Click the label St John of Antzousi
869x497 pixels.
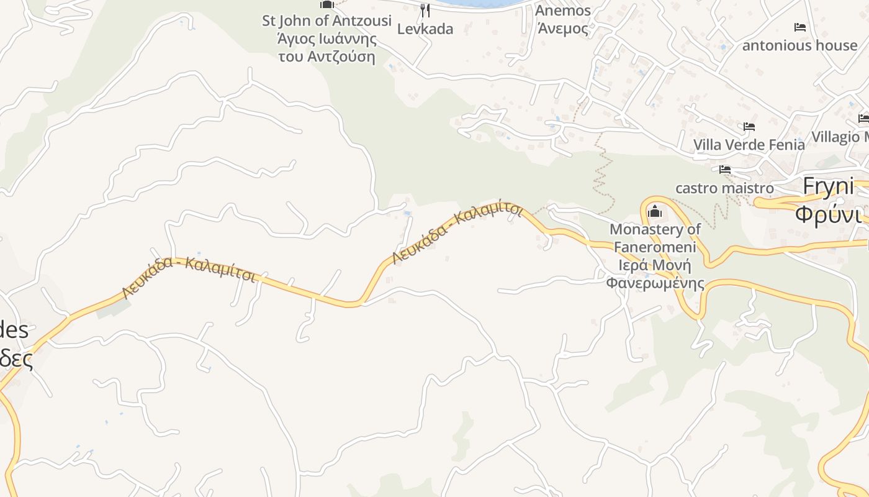(x=326, y=21)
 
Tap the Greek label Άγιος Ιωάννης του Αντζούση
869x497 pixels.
(x=327, y=48)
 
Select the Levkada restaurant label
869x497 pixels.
(x=425, y=29)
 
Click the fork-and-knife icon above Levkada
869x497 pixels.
(x=425, y=10)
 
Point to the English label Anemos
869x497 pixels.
(x=563, y=11)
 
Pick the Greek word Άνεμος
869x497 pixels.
(x=563, y=29)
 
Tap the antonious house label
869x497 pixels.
(x=799, y=45)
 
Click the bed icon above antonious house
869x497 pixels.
(x=800, y=27)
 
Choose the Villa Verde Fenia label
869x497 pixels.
(x=749, y=145)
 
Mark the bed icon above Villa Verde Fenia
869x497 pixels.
(x=749, y=127)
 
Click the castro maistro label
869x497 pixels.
(x=724, y=188)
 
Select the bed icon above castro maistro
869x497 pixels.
(x=724, y=170)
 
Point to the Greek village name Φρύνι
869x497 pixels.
(x=829, y=214)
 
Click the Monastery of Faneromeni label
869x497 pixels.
(x=655, y=238)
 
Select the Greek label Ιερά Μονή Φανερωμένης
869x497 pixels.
(x=655, y=275)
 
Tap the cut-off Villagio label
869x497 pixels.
(x=840, y=137)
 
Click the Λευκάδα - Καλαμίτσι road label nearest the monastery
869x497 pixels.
(x=457, y=232)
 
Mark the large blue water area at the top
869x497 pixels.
(x=475, y=3)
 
